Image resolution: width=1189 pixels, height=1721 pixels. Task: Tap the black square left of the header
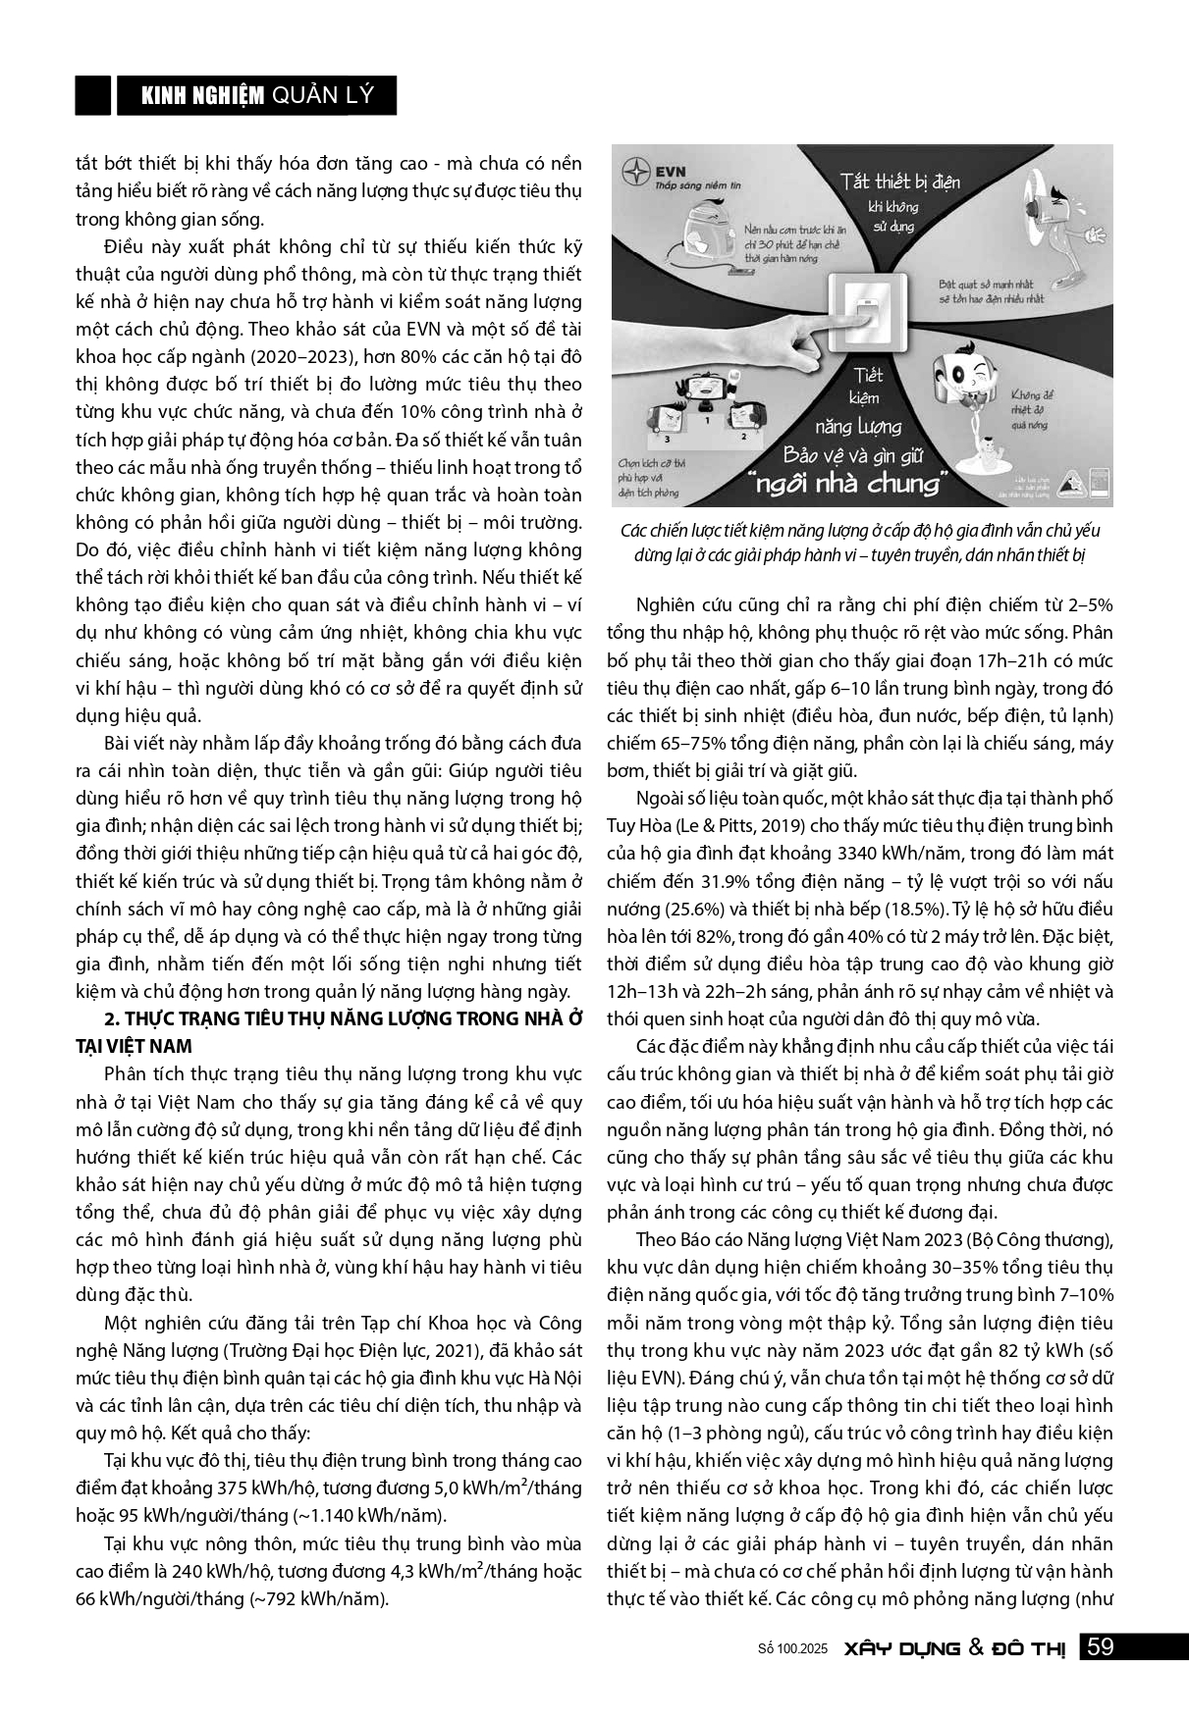(x=93, y=95)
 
